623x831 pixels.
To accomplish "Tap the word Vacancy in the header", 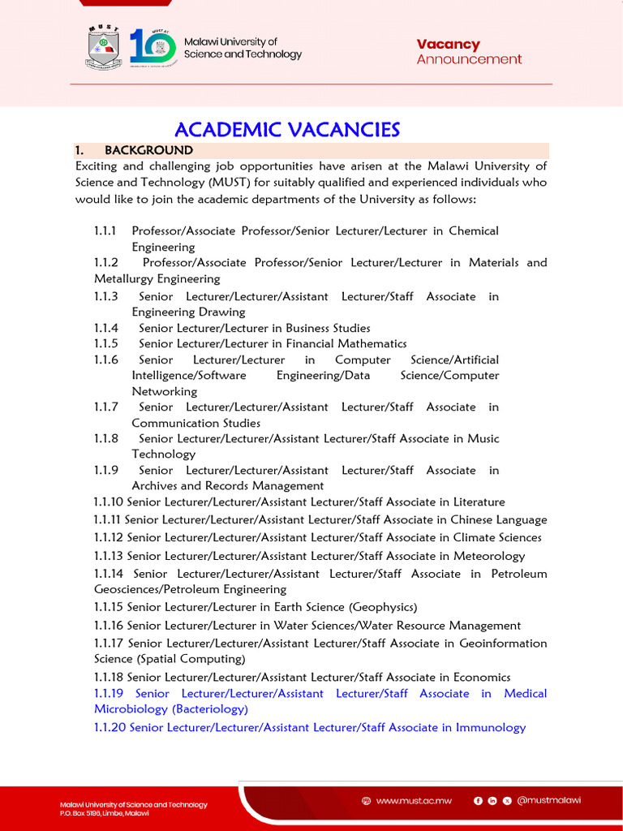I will point(448,45).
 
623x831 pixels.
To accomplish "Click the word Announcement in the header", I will point(469,59).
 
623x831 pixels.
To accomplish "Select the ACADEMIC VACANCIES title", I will point(287,129).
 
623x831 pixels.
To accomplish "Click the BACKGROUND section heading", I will point(148,150).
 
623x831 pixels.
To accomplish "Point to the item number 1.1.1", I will point(105,231).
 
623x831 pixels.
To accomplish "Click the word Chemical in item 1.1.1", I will point(474,231).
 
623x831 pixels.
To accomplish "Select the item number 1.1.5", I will point(105,344).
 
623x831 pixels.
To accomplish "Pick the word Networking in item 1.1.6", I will point(165,391).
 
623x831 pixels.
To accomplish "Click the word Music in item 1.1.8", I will point(484,439).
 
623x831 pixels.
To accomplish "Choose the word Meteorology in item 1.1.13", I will point(488,556).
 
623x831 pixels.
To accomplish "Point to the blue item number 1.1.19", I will point(108,694).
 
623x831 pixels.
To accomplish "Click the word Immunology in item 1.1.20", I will point(491,728).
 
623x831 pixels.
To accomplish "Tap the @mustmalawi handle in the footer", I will point(548,800).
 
